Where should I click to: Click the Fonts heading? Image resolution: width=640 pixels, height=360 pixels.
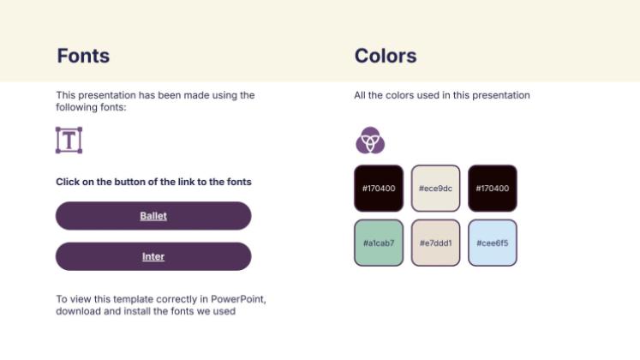(83, 57)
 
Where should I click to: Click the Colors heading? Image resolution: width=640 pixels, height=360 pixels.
(386, 57)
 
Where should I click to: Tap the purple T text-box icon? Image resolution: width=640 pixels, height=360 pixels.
(69, 140)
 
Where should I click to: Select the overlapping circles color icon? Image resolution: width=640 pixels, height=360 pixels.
(370, 140)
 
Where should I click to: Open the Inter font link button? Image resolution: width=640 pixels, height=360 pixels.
(153, 256)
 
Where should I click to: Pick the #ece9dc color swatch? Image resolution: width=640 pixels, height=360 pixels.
(435, 188)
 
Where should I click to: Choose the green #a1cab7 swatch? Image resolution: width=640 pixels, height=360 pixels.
(379, 243)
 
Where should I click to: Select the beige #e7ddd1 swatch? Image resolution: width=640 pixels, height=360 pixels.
(435, 243)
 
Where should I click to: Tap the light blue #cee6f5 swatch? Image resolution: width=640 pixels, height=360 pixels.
(493, 243)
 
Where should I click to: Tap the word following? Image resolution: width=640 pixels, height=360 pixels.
(77, 107)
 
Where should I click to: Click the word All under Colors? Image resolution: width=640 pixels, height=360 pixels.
(360, 95)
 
